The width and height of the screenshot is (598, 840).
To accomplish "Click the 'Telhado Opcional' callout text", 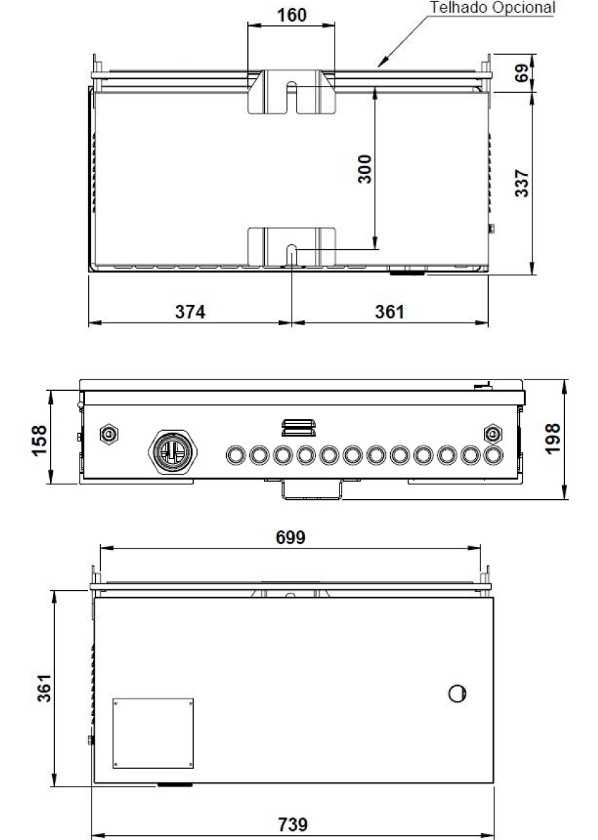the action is coord(492,8).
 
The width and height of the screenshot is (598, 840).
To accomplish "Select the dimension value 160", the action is coord(292,15).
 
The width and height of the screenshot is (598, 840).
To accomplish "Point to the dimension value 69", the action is coord(521,73).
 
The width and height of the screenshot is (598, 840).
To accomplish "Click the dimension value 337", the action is coord(521,182).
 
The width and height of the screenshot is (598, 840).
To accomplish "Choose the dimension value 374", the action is coord(190,311).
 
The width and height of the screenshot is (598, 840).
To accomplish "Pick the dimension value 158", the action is coord(39,440).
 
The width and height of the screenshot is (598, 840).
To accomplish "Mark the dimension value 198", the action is coord(552,439).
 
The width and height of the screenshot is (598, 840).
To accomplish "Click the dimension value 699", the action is coord(290,537).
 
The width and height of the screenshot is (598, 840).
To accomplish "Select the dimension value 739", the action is coord(292,824).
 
